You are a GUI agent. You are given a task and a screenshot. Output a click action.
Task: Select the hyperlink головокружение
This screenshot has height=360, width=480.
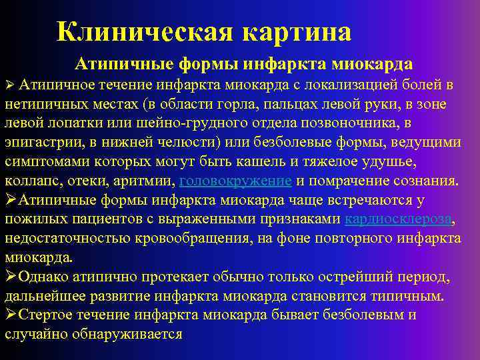[235, 181]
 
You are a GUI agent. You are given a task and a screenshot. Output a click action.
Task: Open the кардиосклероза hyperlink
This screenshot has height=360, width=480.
[398, 219]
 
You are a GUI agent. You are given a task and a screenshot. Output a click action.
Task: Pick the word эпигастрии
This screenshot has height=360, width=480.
[40, 143]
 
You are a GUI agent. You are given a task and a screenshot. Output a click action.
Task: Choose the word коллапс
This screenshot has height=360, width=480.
[34, 181]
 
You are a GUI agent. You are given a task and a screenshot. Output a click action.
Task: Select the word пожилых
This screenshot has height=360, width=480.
[35, 219]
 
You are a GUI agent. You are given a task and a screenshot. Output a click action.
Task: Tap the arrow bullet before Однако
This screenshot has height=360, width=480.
[10, 277]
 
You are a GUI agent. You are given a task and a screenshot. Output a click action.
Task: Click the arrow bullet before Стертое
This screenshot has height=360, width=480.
[10, 315]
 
